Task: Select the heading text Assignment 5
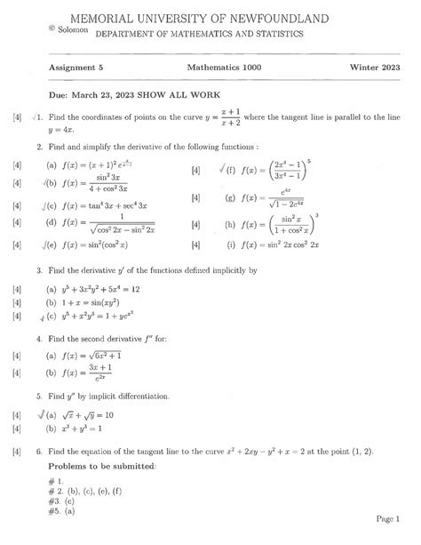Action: pos(76,68)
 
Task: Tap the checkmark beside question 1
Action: pos(34,116)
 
